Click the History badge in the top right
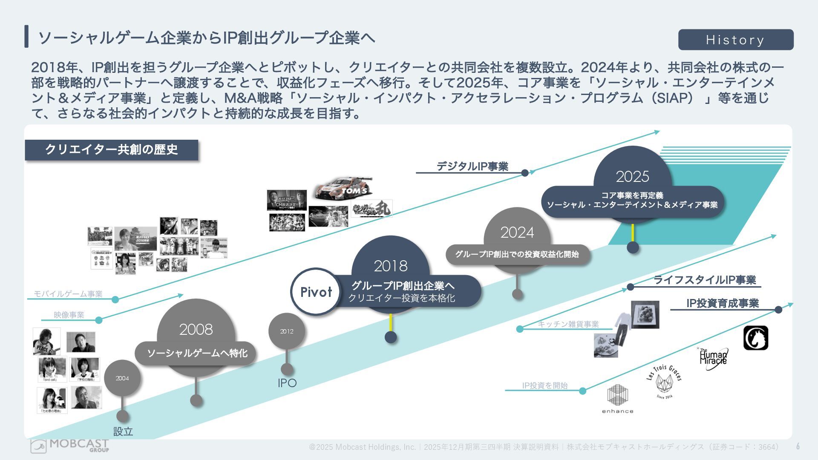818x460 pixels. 735,40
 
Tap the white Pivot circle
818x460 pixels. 316,292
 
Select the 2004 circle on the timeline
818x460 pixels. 122,378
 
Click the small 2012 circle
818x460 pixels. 287,331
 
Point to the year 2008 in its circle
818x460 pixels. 196,329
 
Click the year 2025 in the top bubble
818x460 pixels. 632,176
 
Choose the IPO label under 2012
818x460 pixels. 287,383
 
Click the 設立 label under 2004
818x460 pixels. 123,431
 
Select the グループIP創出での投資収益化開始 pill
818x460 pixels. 517,254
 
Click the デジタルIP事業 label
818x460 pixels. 472,167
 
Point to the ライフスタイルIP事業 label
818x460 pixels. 705,280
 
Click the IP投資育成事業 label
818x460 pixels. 723,303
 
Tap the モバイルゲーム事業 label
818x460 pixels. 68,294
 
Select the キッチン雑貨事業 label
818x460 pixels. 568,324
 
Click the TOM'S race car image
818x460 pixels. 343,188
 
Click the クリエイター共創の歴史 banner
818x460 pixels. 112,150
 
